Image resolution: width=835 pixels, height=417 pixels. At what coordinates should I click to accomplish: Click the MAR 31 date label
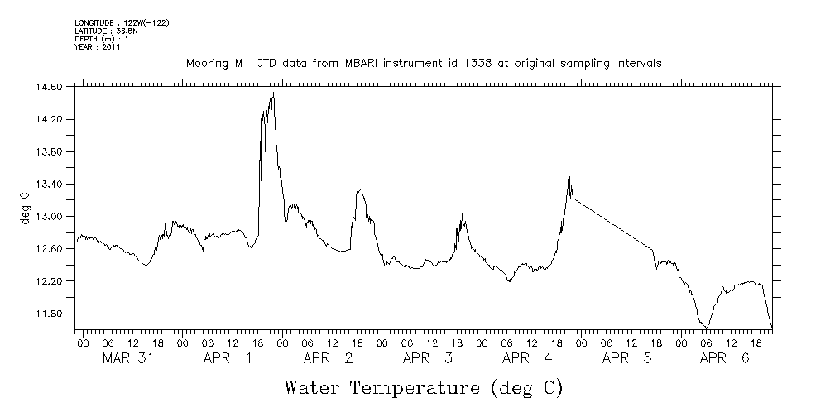(x=127, y=359)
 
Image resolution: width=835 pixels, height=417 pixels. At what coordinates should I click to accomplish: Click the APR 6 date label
(x=725, y=359)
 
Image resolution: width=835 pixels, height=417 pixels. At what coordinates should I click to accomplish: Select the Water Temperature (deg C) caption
(x=423, y=387)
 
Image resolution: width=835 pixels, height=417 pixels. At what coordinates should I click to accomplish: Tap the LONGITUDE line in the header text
(x=122, y=22)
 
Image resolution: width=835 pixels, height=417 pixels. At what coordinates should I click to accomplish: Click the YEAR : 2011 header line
(x=98, y=47)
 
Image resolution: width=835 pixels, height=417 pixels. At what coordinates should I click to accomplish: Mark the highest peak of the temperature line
(x=273, y=93)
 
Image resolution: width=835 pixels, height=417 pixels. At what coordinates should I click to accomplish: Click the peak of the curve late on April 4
(x=569, y=170)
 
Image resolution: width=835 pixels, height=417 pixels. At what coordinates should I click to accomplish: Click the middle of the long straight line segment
(x=612, y=224)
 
